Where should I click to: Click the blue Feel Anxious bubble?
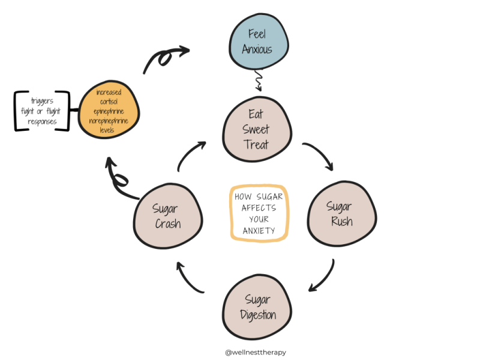pyautogui.click(x=259, y=41)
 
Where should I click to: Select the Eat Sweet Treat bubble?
pyautogui.click(x=257, y=129)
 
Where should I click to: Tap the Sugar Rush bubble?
pyautogui.click(x=342, y=214)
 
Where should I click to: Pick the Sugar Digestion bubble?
pyautogui.click(x=257, y=307)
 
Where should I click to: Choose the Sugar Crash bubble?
pyautogui.click(x=168, y=216)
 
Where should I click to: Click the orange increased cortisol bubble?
pyautogui.click(x=109, y=110)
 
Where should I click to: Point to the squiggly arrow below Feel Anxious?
pyautogui.click(x=259, y=80)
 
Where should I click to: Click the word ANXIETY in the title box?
pyautogui.click(x=259, y=230)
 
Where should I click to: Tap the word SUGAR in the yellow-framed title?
pyautogui.click(x=269, y=197)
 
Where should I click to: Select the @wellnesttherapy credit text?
pyautogui.click(x=256, y=352)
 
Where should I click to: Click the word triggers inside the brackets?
pyautogui.click(x=42, y=101)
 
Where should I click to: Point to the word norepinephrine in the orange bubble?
pyautogui.click(x=109, y=121)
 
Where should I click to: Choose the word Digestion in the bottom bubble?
pyautogui.click(x=258, y=315)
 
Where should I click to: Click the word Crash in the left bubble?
pyautogui.click(x=168, y=224)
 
